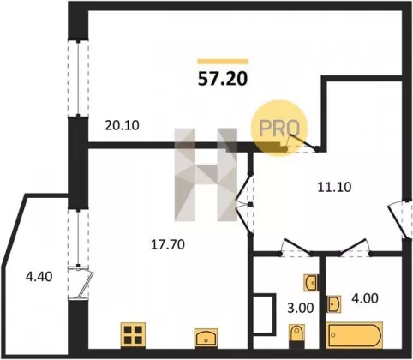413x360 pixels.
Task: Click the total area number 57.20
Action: [x=223, y=79]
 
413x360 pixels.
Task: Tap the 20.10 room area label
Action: [x=122, y=125]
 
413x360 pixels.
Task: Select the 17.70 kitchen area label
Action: [x=168, y=244]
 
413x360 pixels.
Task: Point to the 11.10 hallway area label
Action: [x=334, y=187]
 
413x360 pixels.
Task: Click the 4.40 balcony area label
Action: [x=39, y=277]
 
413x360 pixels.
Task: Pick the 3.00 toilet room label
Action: [x=301, y=308]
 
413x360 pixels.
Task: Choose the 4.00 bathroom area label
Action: [x=365, y=298]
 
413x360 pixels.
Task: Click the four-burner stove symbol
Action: [x=133, y=335]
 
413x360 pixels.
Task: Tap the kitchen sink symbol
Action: [x=206, y=338]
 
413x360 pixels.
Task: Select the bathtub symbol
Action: [x=354, y=335]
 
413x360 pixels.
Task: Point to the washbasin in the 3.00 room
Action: [x=310, y=283]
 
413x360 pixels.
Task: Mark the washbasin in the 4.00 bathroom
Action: [x=333, y=304]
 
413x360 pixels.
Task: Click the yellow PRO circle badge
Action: [x=279, y=128]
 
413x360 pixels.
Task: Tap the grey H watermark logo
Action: [x=206, y=175]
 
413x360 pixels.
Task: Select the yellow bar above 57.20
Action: [x=223, y=61]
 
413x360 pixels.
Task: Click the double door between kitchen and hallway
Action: [x=245, y=205]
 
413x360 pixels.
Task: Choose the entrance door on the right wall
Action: [x=399, y=219]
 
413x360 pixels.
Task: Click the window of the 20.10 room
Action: [x=78, y=78]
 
